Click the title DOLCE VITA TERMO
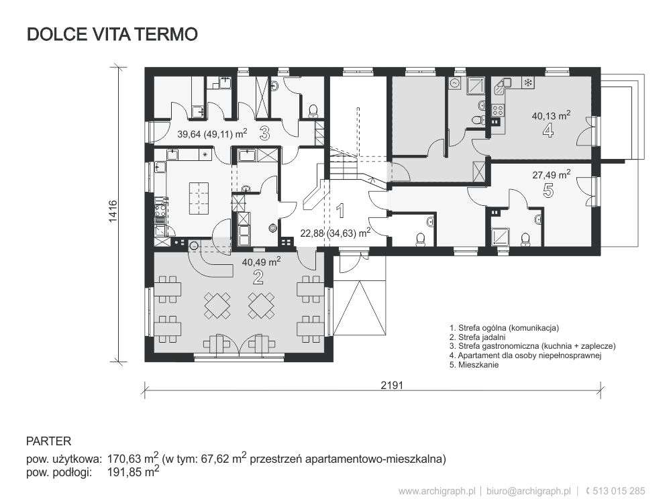[112, 35]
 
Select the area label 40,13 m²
[551, 115]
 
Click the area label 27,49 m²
[551, 173]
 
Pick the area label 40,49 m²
[261, 262]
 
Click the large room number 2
[258, 278]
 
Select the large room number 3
[264, 133]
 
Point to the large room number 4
[548, 131]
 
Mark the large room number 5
[548, 191]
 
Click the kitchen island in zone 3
[199, 195]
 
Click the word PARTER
[48, 441]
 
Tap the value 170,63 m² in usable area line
[132, 459]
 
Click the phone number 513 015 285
[619, 491]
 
